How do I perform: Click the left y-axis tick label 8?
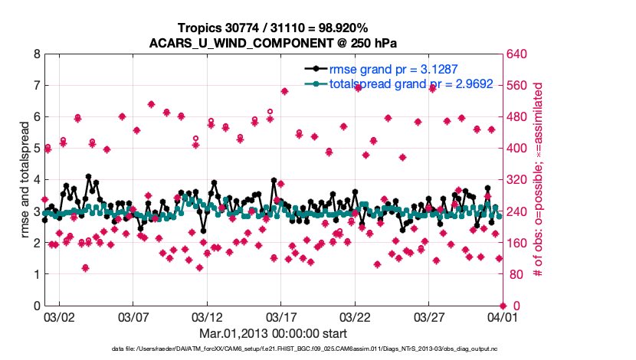[x=35, y=54]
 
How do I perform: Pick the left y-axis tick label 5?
[x=35, y=149]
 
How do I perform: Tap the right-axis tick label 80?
[x=512, y=274]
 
